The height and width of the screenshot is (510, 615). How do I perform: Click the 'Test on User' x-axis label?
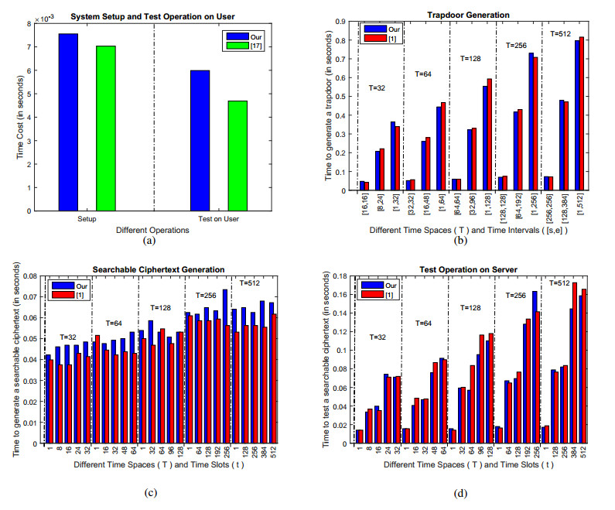[220, 220]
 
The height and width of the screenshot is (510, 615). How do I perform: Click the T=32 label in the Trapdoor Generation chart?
[378, 88]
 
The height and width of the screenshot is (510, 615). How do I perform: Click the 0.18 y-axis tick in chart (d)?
[338, 276]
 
